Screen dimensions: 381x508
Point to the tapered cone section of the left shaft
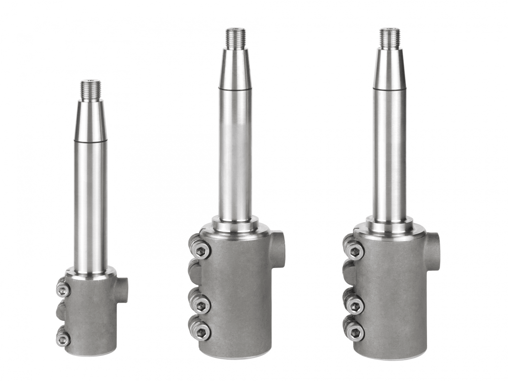(x=91, y=121)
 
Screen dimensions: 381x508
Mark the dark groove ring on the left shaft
(x=91, y=142)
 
